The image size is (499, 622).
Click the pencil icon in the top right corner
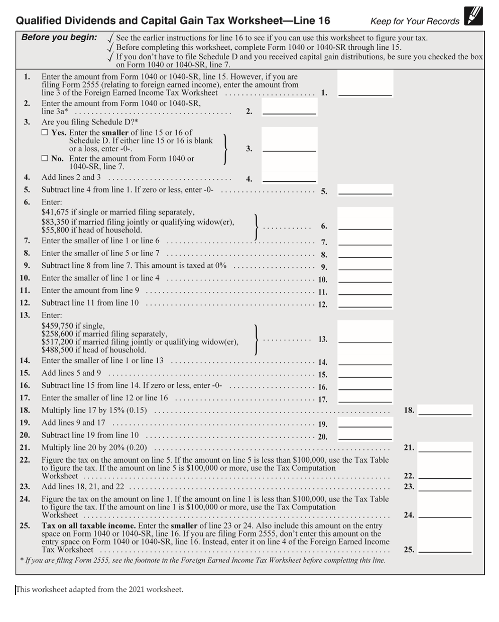[473, 16]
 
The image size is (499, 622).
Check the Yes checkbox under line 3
[45, 133]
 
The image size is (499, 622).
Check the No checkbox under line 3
[45, 158]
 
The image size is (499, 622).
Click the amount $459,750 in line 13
[57, 326]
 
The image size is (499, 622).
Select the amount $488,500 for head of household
[57, 350]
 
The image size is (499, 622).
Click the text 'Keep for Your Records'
[415, 21]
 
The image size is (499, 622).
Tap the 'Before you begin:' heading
[59, 37]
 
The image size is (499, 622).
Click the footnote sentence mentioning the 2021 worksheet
[100, 589]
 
